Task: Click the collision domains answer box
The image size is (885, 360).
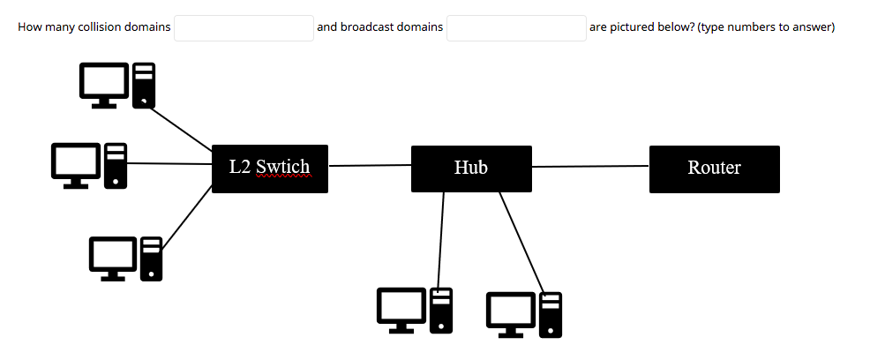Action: [x=244, y=27]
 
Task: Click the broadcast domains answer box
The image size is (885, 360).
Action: [x=516, y=27]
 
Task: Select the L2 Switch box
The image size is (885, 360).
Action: [x=270, y=169]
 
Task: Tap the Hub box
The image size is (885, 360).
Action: [x=471, y=169]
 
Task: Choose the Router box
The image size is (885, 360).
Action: [x=715, y=169]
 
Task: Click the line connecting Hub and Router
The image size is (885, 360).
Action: [x=591, y=166]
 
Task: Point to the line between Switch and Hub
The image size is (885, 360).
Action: [x=370, y=165]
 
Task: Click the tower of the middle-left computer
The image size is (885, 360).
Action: [x=116, y=165]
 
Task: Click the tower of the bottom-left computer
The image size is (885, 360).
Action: [x=152, y=259]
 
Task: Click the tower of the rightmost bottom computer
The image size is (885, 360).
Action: [x=551, y=314]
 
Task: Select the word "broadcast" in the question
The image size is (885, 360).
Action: [x=367, y=27]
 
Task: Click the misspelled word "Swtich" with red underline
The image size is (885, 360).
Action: [x=282, y=168]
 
